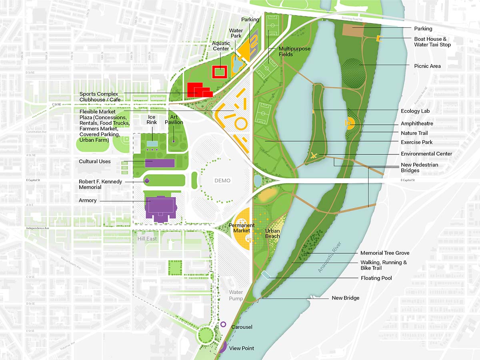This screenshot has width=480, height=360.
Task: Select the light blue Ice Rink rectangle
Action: click(x=152, y=144)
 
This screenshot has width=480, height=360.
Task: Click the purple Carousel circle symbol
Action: click(x=223, y=324)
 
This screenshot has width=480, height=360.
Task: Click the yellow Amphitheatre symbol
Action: click(x=349, y=124)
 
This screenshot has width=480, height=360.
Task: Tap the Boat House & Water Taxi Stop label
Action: click(x=432, y=42)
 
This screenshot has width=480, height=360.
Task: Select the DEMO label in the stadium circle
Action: click(x=222, y=180)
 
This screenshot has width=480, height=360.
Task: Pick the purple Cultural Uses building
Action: click(x=160, y=163)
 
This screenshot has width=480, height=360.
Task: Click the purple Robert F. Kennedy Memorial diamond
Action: click(x=147, y=181)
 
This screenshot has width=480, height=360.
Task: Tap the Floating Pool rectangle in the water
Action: click(x=266, y=275)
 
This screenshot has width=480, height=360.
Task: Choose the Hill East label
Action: click(x=148, y=239)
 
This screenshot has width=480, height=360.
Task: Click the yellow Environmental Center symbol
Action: click(x=314, y=156)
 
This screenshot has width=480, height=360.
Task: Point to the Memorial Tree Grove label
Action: click(x=384, y=253)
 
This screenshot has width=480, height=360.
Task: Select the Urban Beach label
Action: click(x=272, y=234)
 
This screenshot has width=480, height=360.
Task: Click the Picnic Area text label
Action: click(x=427, y=66)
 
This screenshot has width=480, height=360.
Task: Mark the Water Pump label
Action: click(x=236, y=296)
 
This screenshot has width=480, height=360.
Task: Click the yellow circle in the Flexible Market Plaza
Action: click(x=240, y=123)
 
